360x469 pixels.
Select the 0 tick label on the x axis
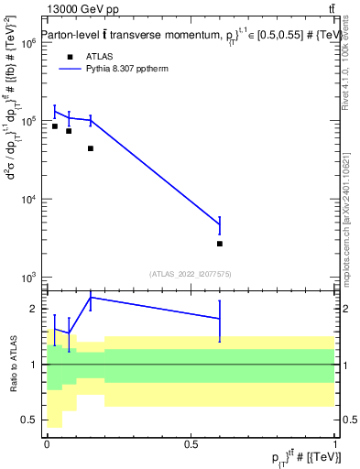point(46,444)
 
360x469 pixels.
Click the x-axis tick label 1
point(334,444)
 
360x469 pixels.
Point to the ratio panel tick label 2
point(33,309)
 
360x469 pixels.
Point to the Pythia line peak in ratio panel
point(91,297)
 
